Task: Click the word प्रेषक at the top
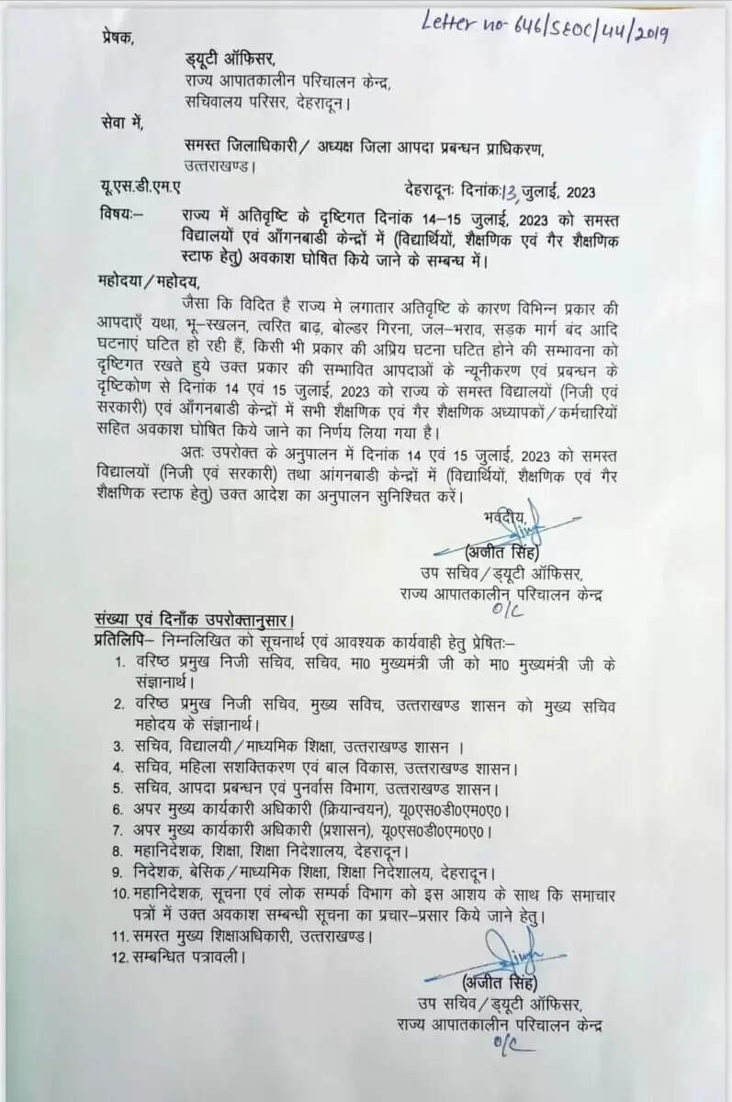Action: pos(118,39)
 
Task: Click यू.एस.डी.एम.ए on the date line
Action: pos(141,190)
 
